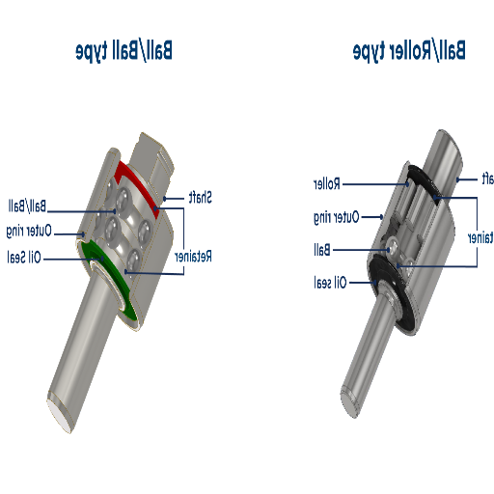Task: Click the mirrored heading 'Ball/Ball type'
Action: tap(124, 51)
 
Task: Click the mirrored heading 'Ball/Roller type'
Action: tap(410, 51)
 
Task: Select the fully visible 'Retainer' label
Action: tap(193, 256)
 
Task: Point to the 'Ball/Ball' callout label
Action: tap(26, 206)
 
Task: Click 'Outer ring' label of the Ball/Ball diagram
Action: tap(28, 232)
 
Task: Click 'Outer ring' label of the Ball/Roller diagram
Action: tap(335, 217)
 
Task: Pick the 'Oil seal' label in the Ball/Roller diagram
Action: tap(328, 283)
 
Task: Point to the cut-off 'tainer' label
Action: tap(480, 236)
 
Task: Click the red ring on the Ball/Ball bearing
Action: tap(135, 179)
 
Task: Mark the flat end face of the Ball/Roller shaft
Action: tap(352, 405)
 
